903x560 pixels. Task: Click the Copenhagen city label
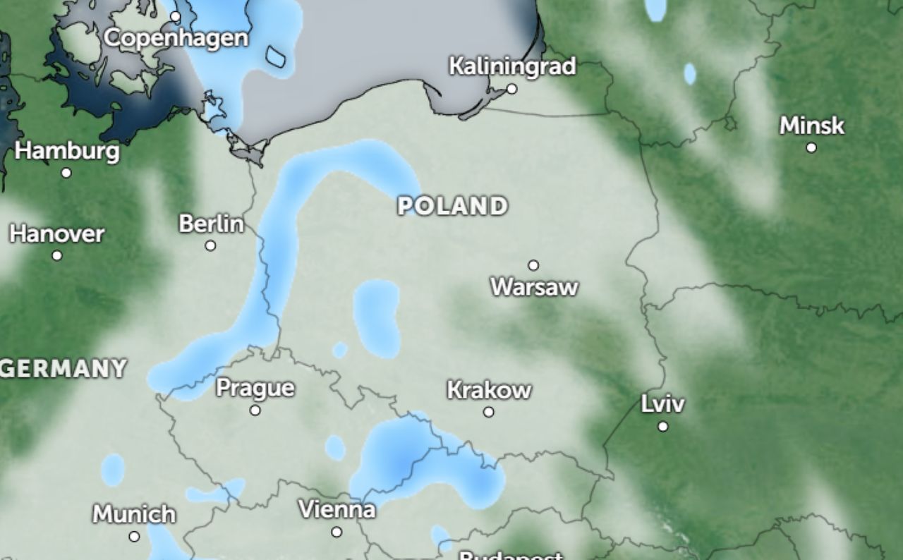(176, 37)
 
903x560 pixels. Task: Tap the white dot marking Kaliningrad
(511, 89)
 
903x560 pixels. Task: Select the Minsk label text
(811, 126)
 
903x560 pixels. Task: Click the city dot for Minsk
(811, 147)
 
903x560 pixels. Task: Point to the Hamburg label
(67, 151)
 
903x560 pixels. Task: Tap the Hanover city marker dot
(57, 255)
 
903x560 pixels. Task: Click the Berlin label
(211, 224)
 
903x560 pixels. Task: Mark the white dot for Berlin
(210, 245)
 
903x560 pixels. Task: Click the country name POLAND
(452, 206)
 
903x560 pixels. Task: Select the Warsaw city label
(534, 287)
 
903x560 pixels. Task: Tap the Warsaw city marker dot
(533, 265)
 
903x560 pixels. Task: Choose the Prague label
(255, 388)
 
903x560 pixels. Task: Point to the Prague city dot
(255, 410)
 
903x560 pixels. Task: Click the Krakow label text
(489, 390)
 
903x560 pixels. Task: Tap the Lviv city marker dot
(663, 426)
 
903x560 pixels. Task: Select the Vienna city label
(337, 509)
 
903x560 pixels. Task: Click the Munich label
(134, 514)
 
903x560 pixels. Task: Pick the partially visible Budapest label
(511, 555)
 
